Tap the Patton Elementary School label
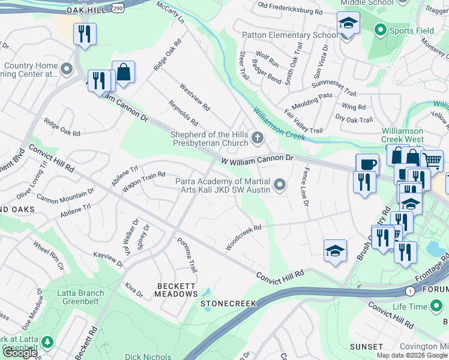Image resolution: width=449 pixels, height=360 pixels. point(289,35)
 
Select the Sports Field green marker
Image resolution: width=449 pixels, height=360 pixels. point(379,29)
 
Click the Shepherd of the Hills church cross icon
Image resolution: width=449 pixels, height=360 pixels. point(258,139)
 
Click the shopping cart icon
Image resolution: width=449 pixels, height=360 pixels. point(432,160)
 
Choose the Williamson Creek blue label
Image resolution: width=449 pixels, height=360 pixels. point(279,125)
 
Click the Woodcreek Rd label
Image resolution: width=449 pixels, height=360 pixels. point(244,238)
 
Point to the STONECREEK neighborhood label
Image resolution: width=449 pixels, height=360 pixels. point(228,304)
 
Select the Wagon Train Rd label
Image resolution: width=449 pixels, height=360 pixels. point(143,182)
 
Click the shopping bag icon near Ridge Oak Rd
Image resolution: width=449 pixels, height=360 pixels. point(123,72)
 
